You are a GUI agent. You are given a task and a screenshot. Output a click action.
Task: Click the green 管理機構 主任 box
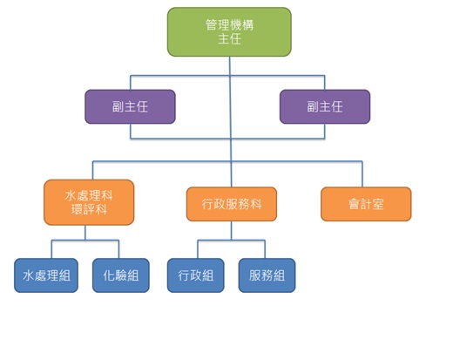click(x=229, y=32)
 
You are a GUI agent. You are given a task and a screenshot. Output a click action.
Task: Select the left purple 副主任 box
click(x=130, y=106)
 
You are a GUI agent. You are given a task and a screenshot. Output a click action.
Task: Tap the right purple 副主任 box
click(x=325, y=106)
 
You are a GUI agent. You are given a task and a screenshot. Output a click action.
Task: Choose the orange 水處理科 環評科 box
click(x=89, y=202)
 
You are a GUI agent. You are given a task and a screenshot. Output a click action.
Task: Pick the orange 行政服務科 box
click(x=232, y=204)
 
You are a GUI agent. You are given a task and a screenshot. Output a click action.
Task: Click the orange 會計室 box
click(x=366, y=204)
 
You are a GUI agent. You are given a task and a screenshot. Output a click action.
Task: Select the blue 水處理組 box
click(x=46, y=275)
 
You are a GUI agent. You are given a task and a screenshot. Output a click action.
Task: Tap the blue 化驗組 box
click(x=121, y=275)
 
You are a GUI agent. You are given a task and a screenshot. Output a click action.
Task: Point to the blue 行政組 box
click(x=196, y=275)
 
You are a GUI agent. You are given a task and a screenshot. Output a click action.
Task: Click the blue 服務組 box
click(x=267, y=275)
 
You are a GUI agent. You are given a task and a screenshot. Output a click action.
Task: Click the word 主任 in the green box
click(x=229, y=39)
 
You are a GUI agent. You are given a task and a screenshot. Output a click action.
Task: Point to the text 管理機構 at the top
click(x=229, y=25)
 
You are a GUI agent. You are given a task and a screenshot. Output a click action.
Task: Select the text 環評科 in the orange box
click(x=89, y=209)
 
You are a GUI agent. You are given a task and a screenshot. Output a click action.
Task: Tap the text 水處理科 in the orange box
click(x=89, y=195)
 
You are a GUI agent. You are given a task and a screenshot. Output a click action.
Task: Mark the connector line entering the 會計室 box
click(x=362, y=174)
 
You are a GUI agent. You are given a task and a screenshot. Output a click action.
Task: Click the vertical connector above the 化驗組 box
click(x=118, y=249)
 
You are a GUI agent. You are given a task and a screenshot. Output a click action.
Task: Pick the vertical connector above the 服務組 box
click(x=265, y=249)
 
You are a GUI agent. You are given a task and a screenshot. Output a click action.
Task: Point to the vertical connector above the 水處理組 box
click(x=51, y=249)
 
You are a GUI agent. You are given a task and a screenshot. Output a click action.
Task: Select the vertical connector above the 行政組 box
click(x=198, y=249)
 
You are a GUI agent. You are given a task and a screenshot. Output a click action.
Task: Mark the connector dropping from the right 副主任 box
click(x=325, y=131)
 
